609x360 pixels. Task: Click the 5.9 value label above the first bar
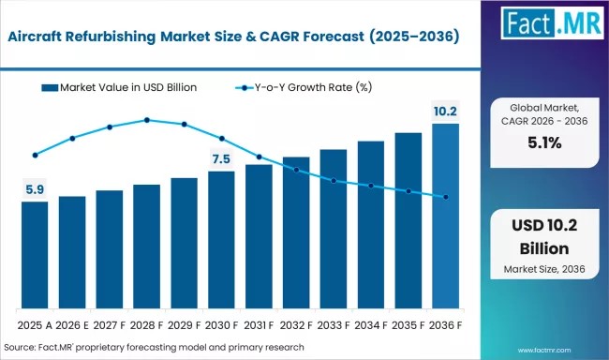35,190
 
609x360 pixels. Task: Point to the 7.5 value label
221,159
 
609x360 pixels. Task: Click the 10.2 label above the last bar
445,112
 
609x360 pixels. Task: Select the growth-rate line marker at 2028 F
147,120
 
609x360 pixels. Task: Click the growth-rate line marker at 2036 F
445,197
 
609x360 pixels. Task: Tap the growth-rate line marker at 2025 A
35,156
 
